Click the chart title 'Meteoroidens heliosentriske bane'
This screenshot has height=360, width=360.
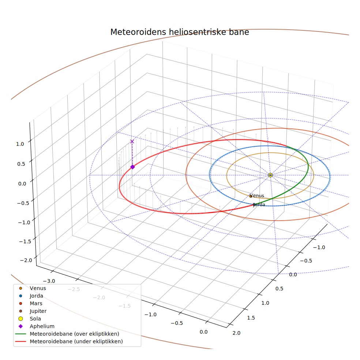(x=180, y=32)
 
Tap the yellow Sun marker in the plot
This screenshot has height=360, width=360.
(x=270, y=175)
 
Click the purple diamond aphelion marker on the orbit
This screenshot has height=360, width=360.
(x=132, y=167)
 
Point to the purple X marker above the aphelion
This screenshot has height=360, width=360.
(x=132, y=142)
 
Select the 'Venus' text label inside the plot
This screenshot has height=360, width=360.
(x=257, y=196)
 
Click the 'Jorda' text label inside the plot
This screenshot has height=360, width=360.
(x=259, y=205)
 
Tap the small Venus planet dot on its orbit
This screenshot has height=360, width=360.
(x=251, y=196)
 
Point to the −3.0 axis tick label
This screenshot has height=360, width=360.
(x=49, y=281)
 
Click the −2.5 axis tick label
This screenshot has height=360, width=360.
(x=74, y=289)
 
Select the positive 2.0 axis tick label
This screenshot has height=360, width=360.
(x=236, y=333)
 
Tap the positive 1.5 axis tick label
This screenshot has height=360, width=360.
(x=251, y=318)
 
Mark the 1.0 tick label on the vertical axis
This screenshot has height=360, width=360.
(x=20, y=144)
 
